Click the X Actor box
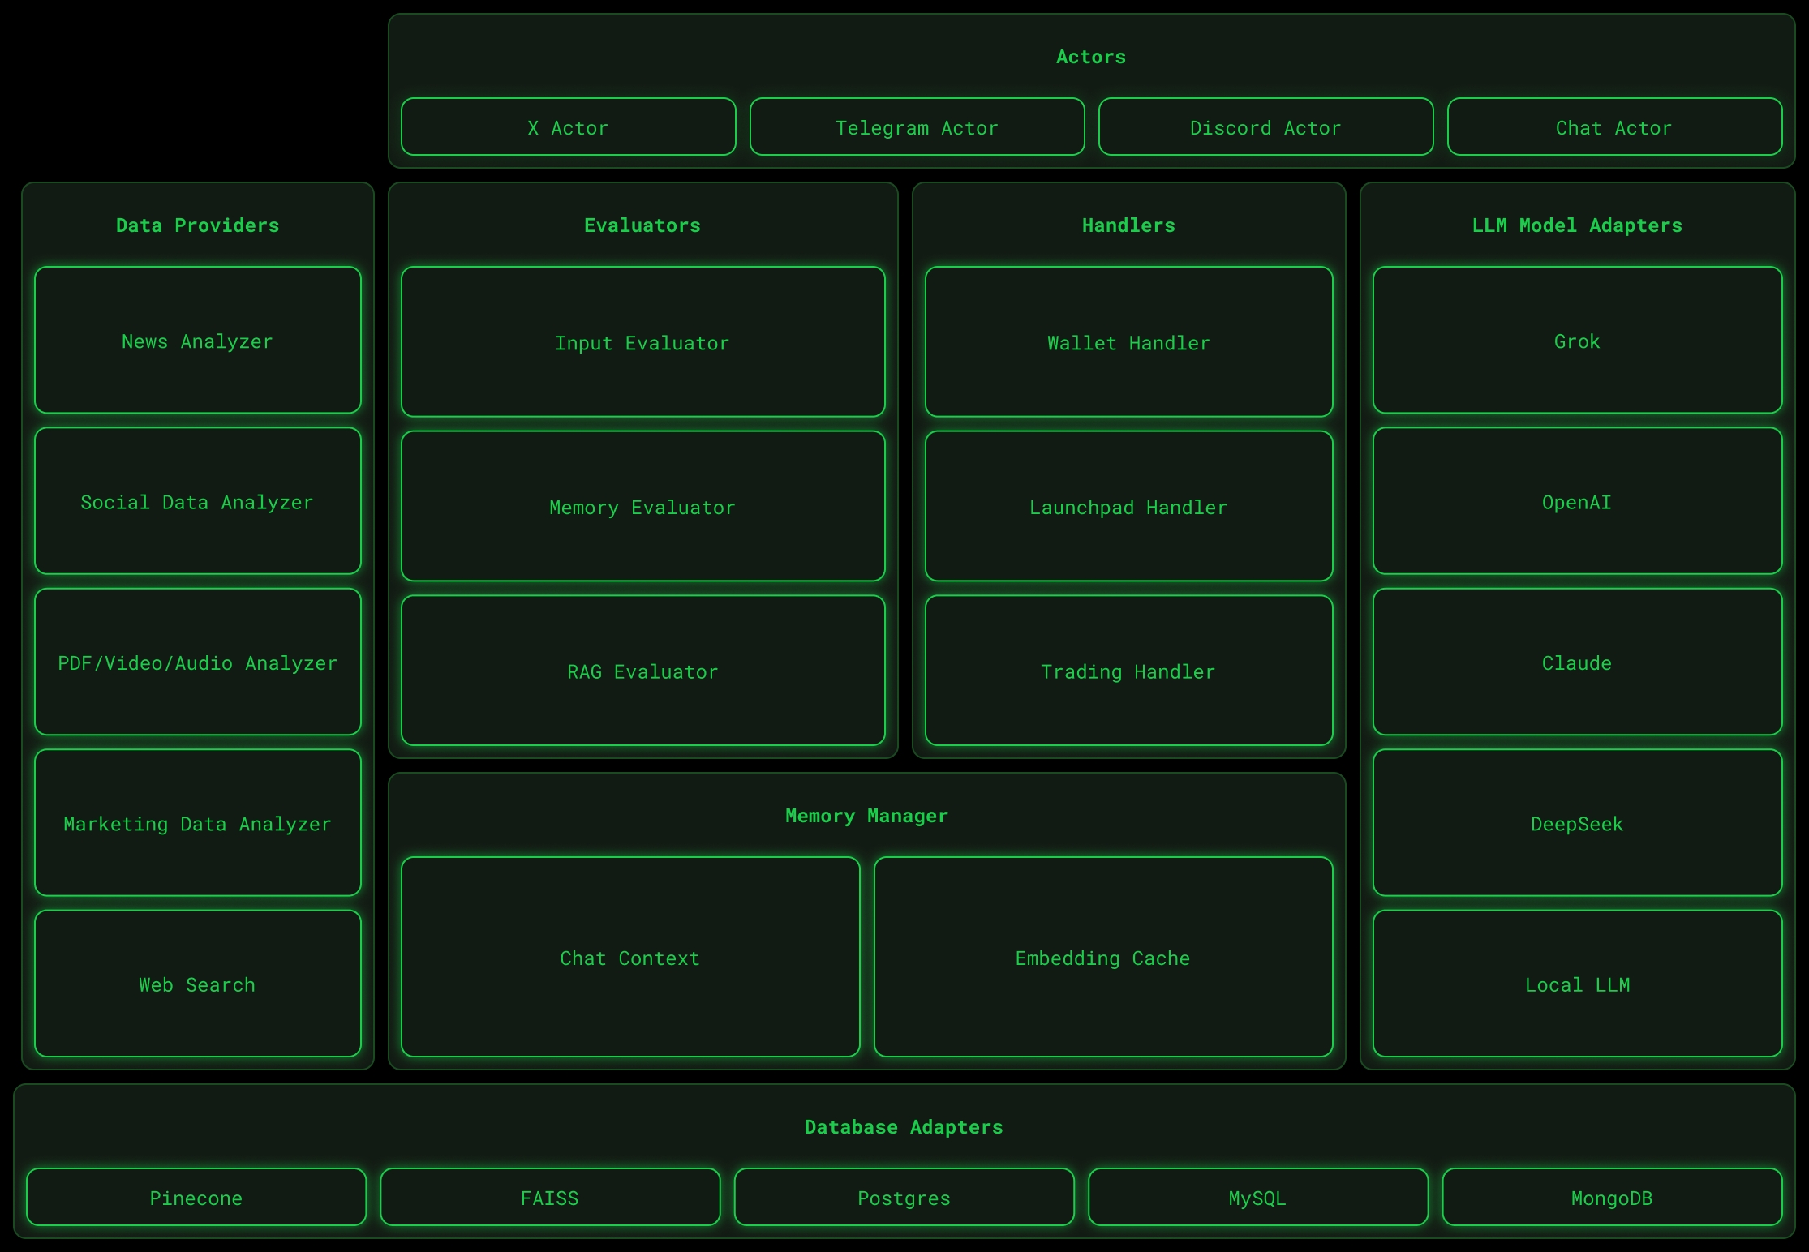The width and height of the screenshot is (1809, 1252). coord(568,127)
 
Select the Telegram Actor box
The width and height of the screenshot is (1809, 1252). coord(917,127)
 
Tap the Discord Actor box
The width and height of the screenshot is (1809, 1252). coord(1265,127)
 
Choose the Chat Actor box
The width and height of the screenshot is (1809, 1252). coord(1614,127)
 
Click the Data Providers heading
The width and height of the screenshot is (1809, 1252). coord(197,225)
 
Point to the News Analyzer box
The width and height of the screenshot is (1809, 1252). coord(197,341)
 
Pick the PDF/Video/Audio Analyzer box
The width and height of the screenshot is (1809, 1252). coord(197,662)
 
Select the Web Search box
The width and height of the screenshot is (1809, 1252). coord(197,984)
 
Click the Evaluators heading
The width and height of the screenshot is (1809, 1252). coord(642,225)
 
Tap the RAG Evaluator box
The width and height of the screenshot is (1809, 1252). coord(642,671)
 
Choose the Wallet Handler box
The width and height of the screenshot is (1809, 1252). coord(1128,342)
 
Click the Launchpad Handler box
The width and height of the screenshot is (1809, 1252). coord(1128,507)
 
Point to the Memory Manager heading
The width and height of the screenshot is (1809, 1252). coord(866,816)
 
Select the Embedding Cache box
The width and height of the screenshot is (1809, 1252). coord(1102,958)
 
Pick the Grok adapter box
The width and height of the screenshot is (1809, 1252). coord(1577,341)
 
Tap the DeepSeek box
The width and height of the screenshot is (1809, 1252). coord(1577,823)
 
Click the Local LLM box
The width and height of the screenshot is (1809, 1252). coord(1577,984)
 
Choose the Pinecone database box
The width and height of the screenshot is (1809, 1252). coord(196,1198)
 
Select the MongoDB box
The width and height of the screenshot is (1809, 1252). coord(1612,1198)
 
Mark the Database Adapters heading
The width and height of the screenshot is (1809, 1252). coord(904,1127)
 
